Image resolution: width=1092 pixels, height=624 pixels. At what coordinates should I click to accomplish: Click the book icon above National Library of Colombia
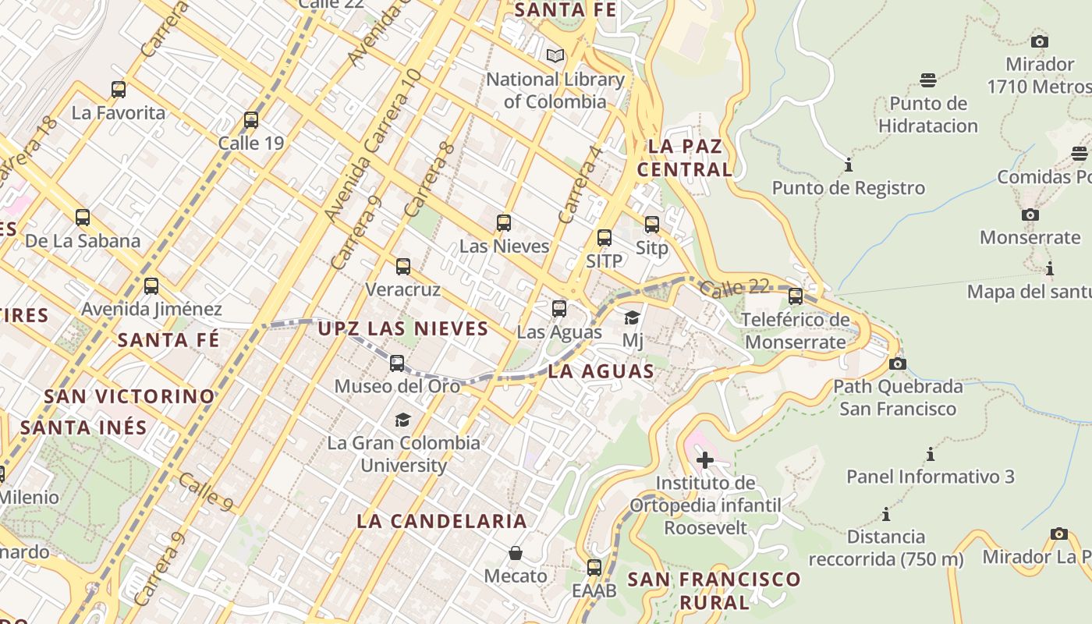555,56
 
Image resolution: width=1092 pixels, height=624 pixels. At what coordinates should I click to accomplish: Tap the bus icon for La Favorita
119,90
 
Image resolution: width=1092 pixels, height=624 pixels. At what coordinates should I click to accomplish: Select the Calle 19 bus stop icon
251,120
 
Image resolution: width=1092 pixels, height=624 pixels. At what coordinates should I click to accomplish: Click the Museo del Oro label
397,386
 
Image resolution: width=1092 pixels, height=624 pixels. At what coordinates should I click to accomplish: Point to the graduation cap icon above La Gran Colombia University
402,420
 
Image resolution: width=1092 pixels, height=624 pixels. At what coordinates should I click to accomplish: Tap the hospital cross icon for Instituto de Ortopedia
705,460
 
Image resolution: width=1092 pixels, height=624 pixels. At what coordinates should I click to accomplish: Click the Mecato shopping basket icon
516,554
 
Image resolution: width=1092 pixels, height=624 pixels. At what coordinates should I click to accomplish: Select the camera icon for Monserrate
1030,214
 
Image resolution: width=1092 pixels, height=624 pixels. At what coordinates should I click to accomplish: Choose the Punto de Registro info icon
849,165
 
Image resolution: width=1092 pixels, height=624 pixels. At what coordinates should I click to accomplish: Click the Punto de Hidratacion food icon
928,80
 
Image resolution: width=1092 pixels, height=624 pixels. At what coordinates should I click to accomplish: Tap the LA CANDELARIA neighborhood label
442,521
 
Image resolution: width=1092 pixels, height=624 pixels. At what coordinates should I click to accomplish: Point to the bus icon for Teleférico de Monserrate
796,296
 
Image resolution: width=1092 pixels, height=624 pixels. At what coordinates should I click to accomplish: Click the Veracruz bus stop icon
403,267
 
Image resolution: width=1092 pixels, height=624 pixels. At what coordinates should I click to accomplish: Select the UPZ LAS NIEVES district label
403,328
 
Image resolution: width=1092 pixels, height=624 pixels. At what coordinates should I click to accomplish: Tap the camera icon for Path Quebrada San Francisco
898,363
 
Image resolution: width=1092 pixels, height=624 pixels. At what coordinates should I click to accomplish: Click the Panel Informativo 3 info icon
930,454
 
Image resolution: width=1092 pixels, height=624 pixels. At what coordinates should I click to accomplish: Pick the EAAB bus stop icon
594,568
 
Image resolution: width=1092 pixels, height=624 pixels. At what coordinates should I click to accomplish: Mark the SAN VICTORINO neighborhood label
129,396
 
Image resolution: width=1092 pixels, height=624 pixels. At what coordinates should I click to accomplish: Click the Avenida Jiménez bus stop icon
151,286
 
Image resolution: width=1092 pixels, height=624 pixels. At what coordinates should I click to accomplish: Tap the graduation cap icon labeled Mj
633,317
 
